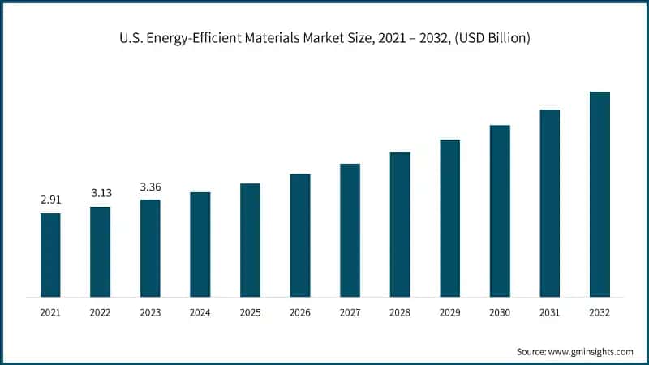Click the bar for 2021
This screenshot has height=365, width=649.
point(50,255)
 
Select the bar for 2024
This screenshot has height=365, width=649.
point(200,244)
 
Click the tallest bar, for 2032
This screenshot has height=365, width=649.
point(600,194)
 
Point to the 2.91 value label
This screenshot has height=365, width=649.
point(50,199)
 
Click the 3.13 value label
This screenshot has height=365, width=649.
point(101,192)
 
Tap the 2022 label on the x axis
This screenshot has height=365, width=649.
point(101,311)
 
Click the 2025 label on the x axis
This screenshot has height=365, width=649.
point(250,311)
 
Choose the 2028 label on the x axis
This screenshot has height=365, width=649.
point(400,311)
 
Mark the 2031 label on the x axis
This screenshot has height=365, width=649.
point(550,311)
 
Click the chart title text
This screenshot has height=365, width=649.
point(324,39)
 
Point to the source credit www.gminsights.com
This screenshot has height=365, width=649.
point(575,351)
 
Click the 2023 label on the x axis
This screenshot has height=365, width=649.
point(150,311)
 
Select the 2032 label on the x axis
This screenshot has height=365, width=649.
point(600,311)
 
